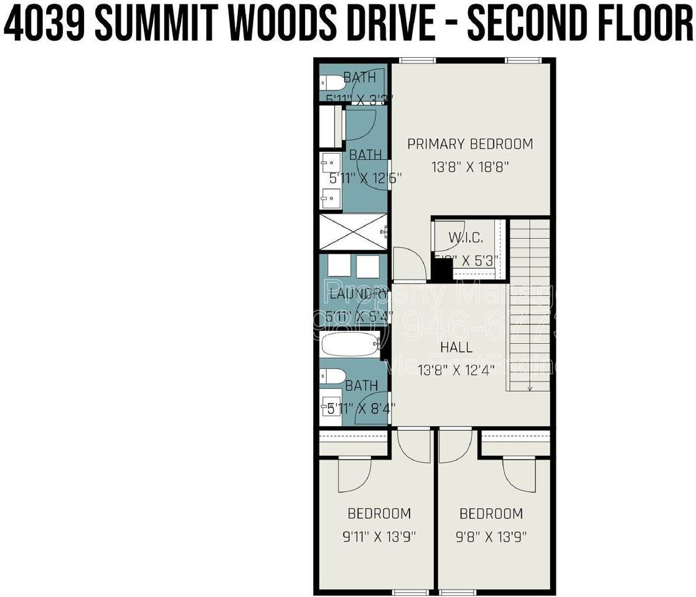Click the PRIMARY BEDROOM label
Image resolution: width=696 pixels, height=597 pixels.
470,144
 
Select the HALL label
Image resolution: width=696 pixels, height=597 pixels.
456,348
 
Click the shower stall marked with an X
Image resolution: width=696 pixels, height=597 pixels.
353,232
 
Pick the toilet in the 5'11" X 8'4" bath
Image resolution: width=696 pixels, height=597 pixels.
332,376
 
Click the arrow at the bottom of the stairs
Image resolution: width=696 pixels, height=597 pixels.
529,387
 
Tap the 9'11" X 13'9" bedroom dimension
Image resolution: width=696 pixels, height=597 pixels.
379,536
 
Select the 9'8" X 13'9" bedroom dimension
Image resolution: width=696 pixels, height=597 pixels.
491,536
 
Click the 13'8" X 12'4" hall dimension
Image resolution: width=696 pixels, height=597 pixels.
456,370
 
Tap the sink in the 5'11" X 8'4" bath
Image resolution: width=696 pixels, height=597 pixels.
331,405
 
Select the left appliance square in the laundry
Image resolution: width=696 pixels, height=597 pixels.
339,266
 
